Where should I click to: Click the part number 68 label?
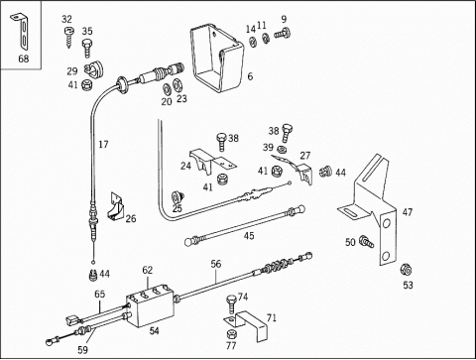point(24,59)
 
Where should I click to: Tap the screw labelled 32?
point(68,38)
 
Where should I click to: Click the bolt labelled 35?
point(87,48)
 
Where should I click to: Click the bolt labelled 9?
point(283,34)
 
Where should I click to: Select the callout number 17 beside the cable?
point(103,145)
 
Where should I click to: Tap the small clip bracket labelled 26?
point(115,206)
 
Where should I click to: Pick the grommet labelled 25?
point(178,197)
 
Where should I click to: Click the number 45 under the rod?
point(249,236)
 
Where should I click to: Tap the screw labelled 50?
point(367,242)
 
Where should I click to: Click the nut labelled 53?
point(406,270)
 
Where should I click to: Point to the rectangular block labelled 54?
point(151,305)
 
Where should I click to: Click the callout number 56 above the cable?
point(216,264)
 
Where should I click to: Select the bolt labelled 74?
point(231,303)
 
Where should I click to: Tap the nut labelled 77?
point(231,333)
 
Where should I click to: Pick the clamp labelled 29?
point(93,69)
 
